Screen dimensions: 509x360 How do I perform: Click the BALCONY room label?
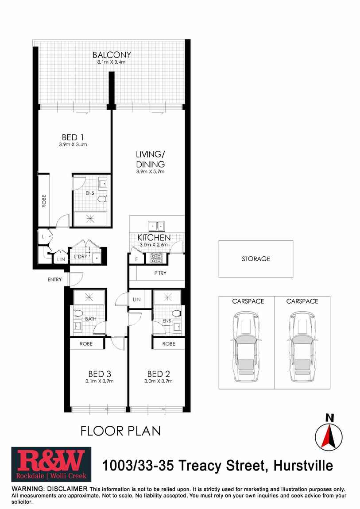[112, 55]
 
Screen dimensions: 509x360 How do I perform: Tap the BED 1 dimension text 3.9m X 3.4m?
[73, 144]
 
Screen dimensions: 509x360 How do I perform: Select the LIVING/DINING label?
[150, 159]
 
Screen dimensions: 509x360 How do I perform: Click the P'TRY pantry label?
[160, 273]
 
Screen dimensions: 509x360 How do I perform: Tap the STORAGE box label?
[255, 259]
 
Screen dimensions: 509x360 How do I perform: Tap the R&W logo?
[51, 464]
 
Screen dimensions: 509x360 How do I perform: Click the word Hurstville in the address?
[303, 466]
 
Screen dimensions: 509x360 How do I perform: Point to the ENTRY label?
[55, 280]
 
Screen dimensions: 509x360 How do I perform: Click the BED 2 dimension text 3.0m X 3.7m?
[158, 381]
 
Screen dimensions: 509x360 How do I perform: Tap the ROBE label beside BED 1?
[44, 201]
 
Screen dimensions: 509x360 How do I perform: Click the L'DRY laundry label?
[80, 257]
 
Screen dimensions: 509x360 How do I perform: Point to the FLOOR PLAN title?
[120, 430]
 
